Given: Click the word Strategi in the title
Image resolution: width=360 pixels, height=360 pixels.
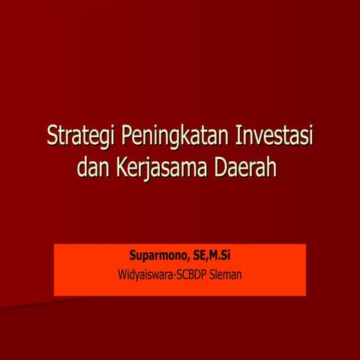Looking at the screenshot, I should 78,139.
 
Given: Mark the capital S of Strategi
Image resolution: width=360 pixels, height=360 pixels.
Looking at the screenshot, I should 52,139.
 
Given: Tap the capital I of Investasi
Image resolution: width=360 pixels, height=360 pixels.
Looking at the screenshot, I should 238,139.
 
